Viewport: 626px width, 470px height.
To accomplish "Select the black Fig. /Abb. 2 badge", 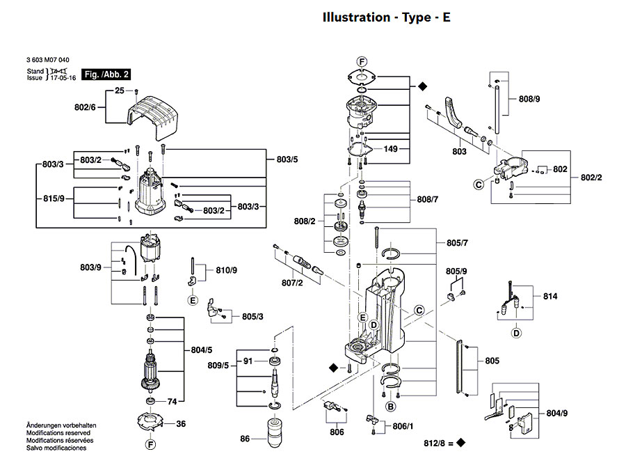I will click(x=106, y=74).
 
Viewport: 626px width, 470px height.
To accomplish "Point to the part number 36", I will click(x=181, y=424).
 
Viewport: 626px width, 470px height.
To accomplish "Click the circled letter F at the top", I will click(x=362, y=62).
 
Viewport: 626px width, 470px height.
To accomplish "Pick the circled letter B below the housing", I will click(x=391, y=406).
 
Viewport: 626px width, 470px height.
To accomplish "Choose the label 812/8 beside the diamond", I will click(x=438, y=443).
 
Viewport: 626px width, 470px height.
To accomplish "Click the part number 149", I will click(x=391, y=148).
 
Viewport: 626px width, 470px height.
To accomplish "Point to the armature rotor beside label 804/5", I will click(x=150, y=373).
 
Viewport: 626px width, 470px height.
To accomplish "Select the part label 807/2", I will click(x=291, y=283).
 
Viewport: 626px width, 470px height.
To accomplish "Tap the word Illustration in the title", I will click(x=355, y=17).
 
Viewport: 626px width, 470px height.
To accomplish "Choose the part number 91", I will click(x=247, y=361).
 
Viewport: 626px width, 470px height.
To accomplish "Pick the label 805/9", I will click(x=456, y=271).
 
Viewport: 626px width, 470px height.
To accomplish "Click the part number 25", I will click(x=119, y=91).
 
